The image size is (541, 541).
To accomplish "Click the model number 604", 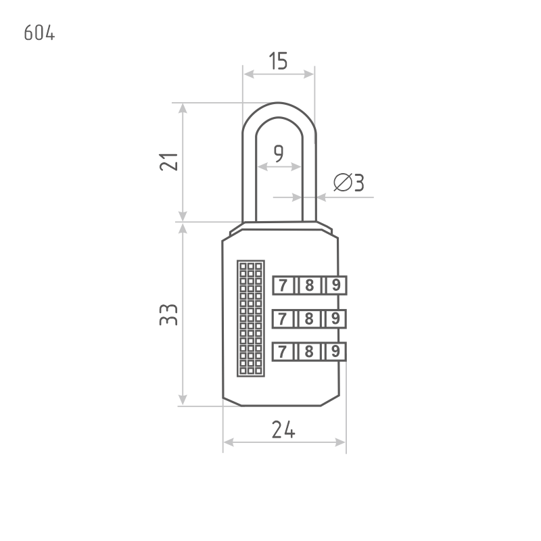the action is [x=39, y=33].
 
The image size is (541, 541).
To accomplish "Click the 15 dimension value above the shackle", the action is [x=278, y=61].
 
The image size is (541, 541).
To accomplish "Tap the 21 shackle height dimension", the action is [x=168, y=162].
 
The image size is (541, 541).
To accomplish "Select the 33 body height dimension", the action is [x=168, y=314].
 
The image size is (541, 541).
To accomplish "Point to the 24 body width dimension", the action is [x=283, y=429].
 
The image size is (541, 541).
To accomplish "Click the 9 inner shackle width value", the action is [x=279, y=154].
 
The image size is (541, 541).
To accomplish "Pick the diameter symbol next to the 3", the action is [x=343, y=182].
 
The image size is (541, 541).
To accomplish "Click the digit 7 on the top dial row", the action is [x=283, y=285].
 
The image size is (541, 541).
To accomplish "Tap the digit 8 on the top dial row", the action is [x=310, y=285].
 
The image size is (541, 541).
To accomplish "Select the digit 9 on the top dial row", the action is [x=335, y=285].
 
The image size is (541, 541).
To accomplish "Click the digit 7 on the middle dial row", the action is [x=283, y=319].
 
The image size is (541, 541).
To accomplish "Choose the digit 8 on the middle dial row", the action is [x=309, y=319].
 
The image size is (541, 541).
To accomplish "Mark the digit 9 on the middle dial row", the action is [x=335, y=319].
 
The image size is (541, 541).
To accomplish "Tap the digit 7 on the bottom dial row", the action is [x=283, y=352].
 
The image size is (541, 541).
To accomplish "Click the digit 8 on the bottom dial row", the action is [x=309, y=352].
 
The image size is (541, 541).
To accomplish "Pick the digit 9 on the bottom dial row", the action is [x=335, y=352].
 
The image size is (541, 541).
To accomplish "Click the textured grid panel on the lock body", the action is [x=251, y=319].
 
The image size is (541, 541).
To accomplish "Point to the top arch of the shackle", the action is [x=279, y=110].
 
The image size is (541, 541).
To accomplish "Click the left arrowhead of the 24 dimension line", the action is [x=229, y=442].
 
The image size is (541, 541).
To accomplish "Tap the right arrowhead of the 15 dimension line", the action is [x=308, y=74].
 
